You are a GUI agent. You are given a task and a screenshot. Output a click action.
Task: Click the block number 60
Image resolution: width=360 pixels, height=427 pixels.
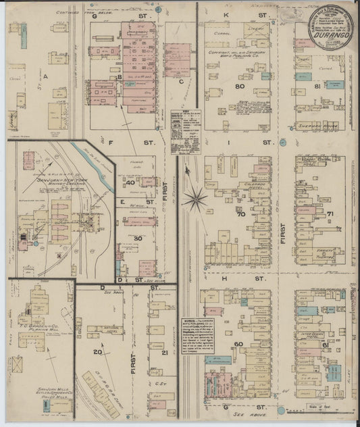point(238,344)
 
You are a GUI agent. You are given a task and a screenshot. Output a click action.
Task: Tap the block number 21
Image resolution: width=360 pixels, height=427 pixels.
point(164,352)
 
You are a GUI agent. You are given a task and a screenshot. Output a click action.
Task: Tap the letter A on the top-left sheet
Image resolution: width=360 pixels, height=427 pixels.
point(46,77)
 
